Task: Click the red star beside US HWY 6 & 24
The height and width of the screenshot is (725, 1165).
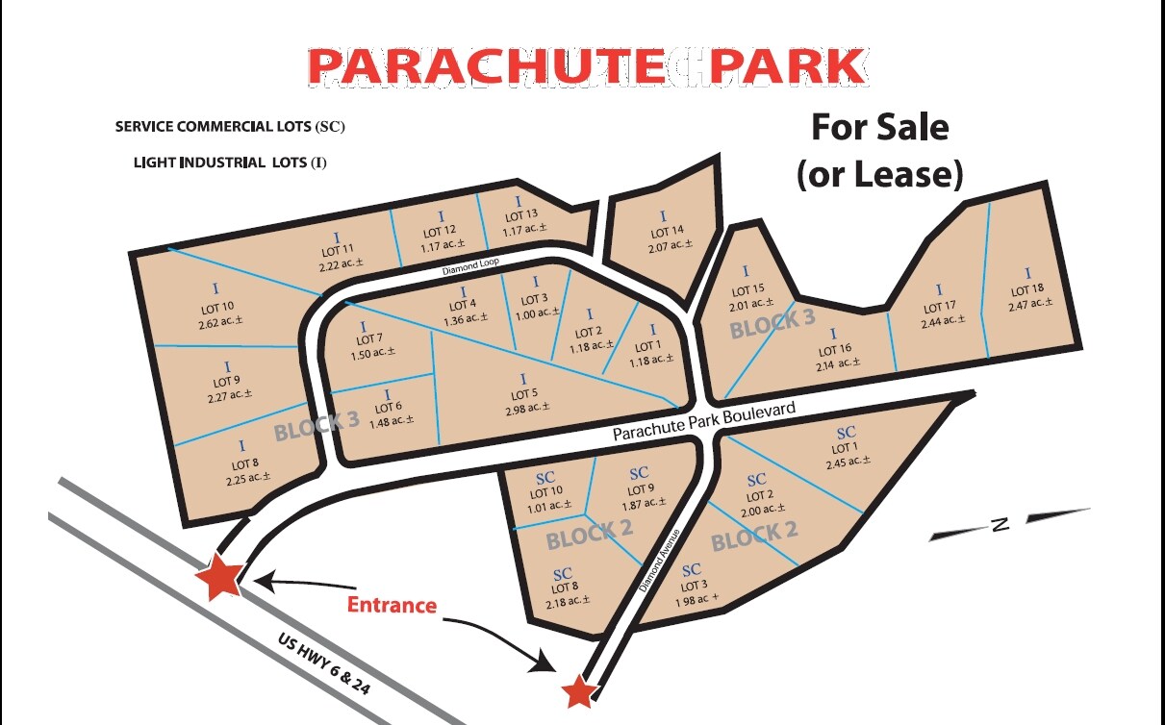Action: tap(219, 576)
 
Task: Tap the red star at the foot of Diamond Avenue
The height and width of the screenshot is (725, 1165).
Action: tap(578, 690)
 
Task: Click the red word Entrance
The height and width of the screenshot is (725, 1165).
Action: tap(392, 606)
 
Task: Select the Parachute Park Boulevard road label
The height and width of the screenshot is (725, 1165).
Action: tap(704, 421)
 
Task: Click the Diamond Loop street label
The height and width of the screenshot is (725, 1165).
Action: tap(470, 266)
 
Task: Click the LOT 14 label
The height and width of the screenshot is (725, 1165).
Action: tap(667, 232)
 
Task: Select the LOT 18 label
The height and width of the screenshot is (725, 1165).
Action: tap(1026, 289)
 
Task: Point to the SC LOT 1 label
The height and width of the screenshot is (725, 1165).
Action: tap(844, 448)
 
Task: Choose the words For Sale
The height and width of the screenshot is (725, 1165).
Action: tap(880, 127)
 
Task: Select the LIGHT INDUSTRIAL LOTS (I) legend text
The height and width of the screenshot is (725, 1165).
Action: tap(230, 163)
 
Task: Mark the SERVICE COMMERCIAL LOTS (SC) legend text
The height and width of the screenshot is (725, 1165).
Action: tap(230, 127)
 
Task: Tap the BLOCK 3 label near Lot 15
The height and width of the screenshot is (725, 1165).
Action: tap(772, 324)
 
